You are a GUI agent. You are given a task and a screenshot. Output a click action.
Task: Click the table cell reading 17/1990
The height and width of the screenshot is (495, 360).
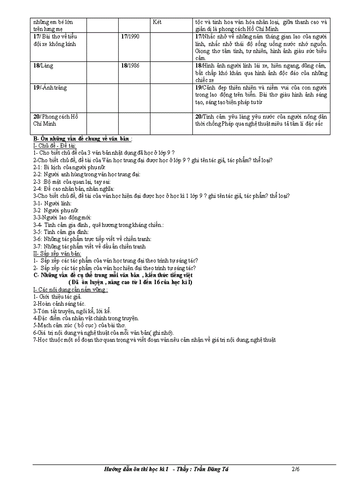pos(130,36)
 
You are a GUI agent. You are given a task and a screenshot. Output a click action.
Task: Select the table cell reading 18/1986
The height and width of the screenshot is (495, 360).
pos(130,65)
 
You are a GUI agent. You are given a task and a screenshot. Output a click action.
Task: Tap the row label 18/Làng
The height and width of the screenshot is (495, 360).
pos(43,65)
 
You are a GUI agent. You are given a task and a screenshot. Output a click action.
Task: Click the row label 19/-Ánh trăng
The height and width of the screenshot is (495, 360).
pos(50,88)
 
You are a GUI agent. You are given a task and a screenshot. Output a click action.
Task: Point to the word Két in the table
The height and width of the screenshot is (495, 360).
pos(157,22)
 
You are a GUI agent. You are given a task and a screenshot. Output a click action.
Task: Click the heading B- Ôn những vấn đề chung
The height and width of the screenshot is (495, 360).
pos(82,140)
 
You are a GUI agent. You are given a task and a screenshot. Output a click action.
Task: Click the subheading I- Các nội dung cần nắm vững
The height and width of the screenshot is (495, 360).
pos(71,290)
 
